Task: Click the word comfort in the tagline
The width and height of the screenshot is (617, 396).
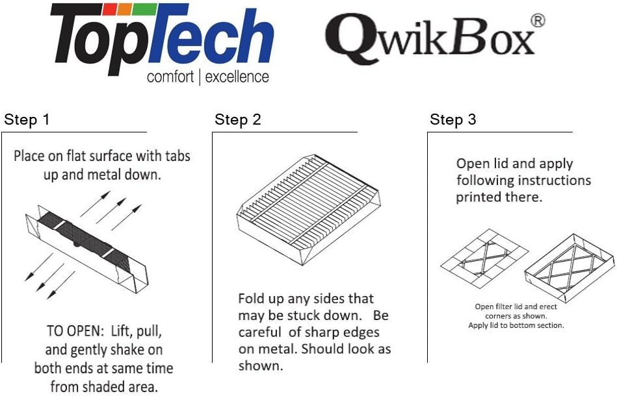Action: (170, 77)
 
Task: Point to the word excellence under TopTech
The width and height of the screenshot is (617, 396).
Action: (238, 77)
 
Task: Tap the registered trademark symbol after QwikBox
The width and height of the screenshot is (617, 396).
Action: (538, 20)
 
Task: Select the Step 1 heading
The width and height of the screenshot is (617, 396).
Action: (27, 119)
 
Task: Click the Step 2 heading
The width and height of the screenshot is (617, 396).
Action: (238, 119)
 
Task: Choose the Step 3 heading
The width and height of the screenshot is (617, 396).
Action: (453, 119)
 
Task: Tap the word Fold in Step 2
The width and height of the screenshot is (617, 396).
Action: (252, 299)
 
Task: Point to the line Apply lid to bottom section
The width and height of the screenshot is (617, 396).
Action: (516, 325)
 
